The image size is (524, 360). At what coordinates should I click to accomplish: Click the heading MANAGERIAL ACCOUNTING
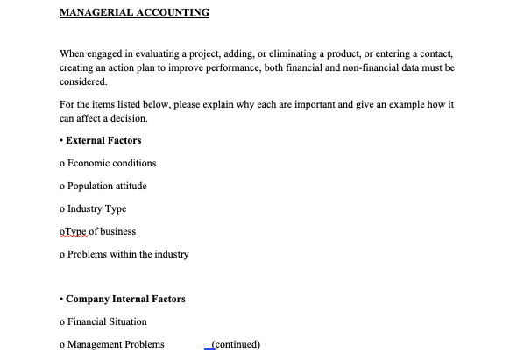click(x=134, y=13)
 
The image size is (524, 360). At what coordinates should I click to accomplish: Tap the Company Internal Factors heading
click(x=125, y=299)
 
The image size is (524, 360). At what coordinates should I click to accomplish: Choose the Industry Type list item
click(x=93, y=208)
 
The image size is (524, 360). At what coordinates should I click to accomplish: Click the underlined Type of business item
click(x=97, y=231)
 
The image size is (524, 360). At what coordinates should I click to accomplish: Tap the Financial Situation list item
click(x=103, y=321)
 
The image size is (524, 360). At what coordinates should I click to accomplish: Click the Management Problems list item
click(x=111, y=344)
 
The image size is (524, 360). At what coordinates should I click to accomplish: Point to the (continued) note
click(x=232, y=344)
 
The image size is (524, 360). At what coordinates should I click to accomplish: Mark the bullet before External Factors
click(x=61, y=140)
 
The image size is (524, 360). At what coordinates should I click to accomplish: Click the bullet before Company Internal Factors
click(x=61, y=299)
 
